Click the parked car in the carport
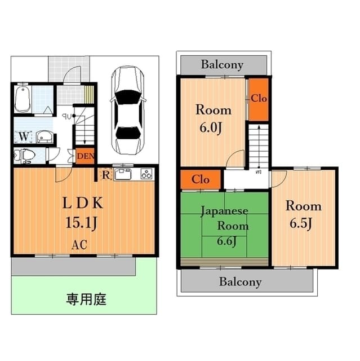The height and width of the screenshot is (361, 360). point(128,111)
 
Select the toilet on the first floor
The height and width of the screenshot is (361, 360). point(25,155)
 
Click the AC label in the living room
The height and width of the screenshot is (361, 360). point(79,245)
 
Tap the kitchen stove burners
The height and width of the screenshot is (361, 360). point(146,174)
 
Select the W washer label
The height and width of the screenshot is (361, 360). point(23,137)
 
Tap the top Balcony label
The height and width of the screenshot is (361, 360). point(223,64)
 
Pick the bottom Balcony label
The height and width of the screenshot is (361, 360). point(241,281)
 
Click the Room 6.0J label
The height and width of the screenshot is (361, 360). point(213,118)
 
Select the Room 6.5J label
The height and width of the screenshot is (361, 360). point(303,214)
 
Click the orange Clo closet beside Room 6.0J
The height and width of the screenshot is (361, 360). point(259,99)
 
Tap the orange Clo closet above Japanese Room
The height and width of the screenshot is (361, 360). point(201,179)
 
